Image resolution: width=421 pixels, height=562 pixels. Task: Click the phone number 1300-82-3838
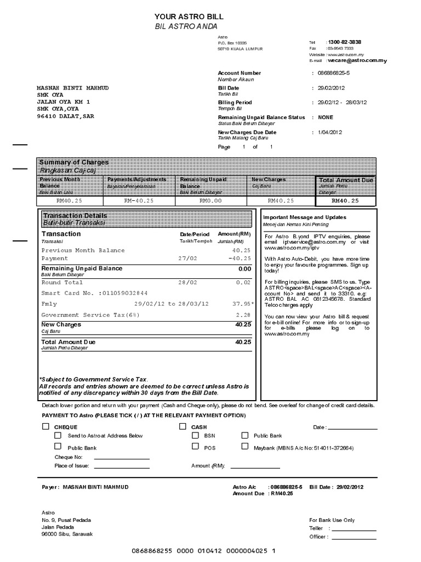point(344,42)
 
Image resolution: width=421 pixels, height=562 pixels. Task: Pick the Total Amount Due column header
point(346,180)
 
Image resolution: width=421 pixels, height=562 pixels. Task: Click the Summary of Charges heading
point(74,162)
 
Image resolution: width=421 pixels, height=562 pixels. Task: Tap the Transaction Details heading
point(75,216)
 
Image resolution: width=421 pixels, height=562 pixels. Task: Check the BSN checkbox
point(195,435)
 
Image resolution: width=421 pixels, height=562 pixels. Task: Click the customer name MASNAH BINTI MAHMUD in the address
point(72,88)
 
